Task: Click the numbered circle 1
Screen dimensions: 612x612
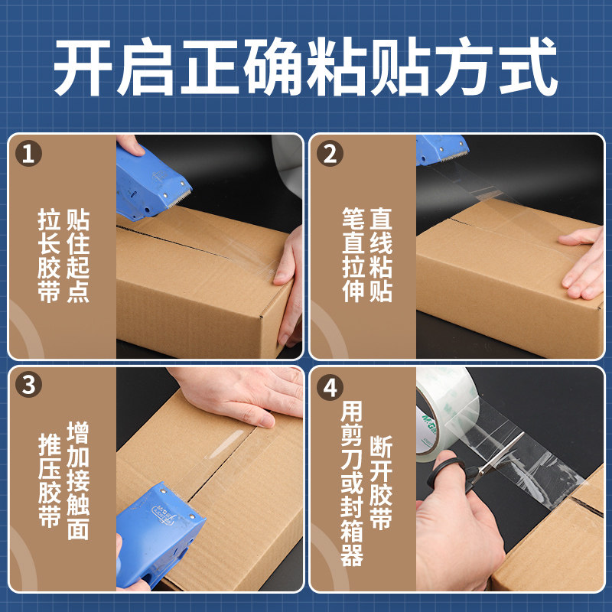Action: (x=28, y=154)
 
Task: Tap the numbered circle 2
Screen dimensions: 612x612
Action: (x=330, y=154)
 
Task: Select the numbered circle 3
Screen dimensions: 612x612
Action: (x=28, y=385)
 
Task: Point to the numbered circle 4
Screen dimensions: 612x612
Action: (x=330, y=387)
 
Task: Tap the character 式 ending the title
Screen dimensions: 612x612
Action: (x=528, y=67)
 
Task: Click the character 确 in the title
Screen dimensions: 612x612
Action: (x=273, y=67)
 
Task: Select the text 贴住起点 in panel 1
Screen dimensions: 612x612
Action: (x=78, y=256)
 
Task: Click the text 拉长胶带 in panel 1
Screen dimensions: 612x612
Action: (x=49, y=256)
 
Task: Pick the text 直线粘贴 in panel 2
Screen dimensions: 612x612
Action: (x=380, y=255)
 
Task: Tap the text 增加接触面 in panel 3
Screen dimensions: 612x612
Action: (x=78, y=480)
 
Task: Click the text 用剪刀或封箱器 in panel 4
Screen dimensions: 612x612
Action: (x=352, y=483)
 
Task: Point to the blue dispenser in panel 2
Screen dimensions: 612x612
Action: (x=441, y=149)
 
